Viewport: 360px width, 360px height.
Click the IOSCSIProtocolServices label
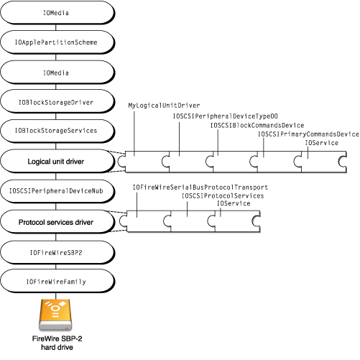point(223,195)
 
